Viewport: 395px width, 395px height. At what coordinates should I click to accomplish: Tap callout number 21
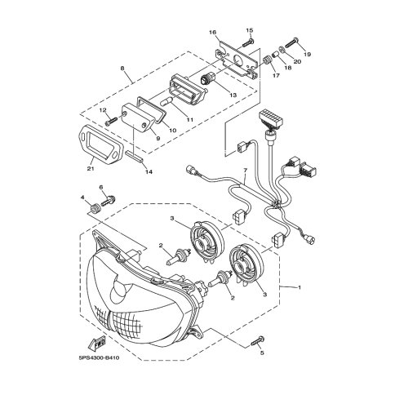pyautogui.click(x=91, y=169)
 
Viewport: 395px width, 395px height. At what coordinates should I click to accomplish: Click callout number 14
pyautogui.click(x=149, y=171)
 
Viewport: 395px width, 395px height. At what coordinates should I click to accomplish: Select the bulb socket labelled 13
pyautogui.click(x=207, y=79)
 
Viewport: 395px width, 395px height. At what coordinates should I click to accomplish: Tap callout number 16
pyautogui.click(x=212, y=33)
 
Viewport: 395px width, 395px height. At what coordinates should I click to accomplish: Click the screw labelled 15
pyautogui.click(x=248, y=42)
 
